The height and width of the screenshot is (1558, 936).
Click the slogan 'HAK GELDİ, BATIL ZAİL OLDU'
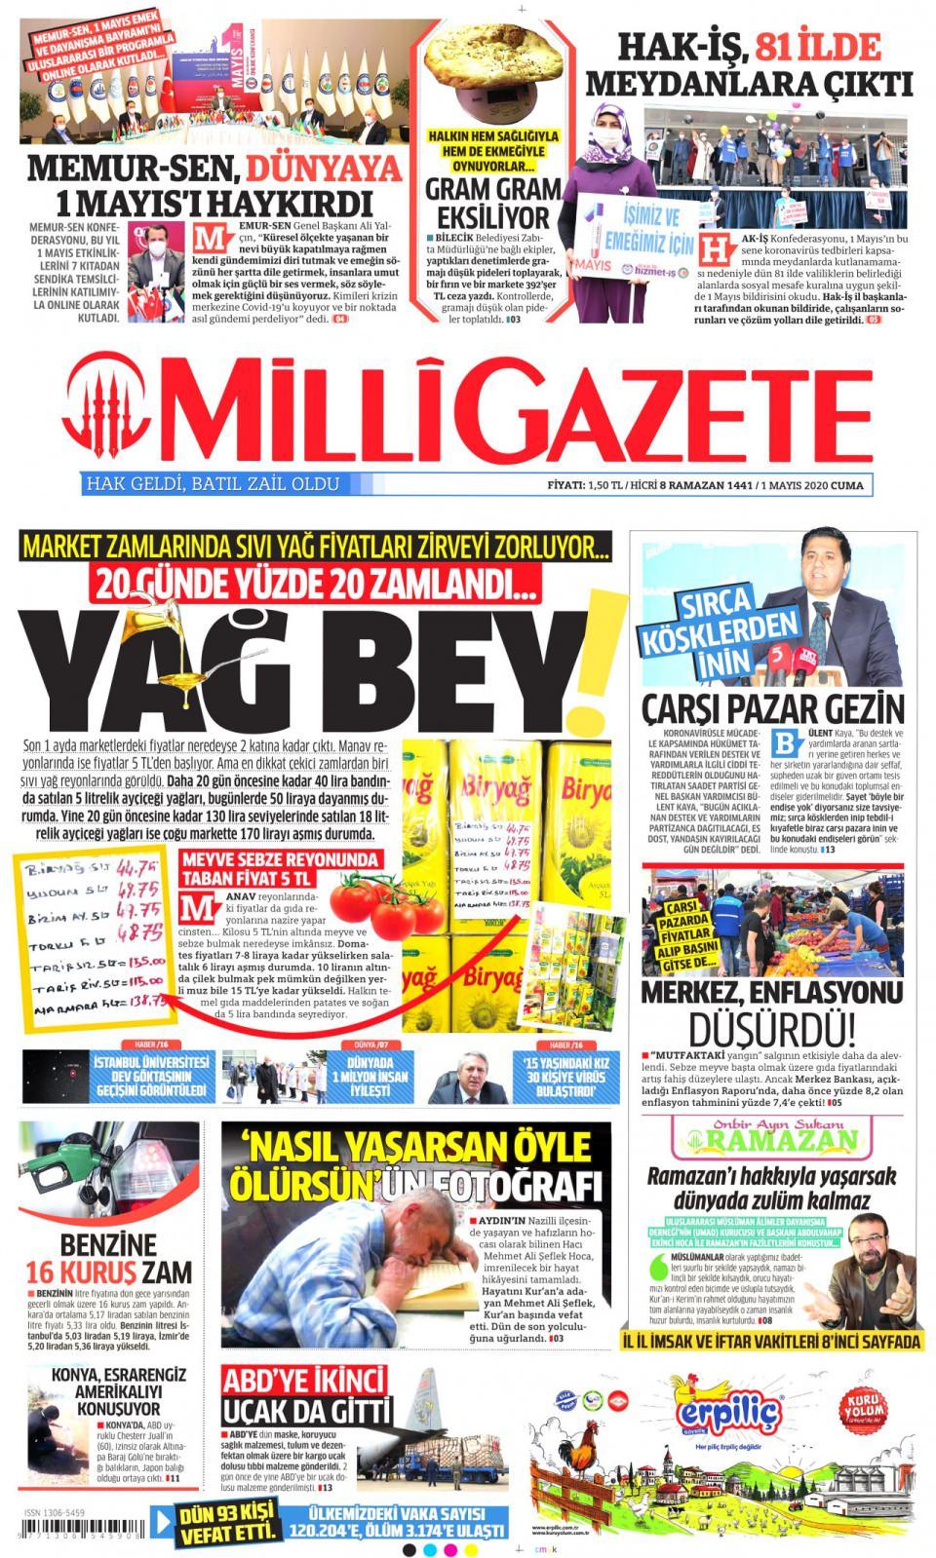pos(213,483)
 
